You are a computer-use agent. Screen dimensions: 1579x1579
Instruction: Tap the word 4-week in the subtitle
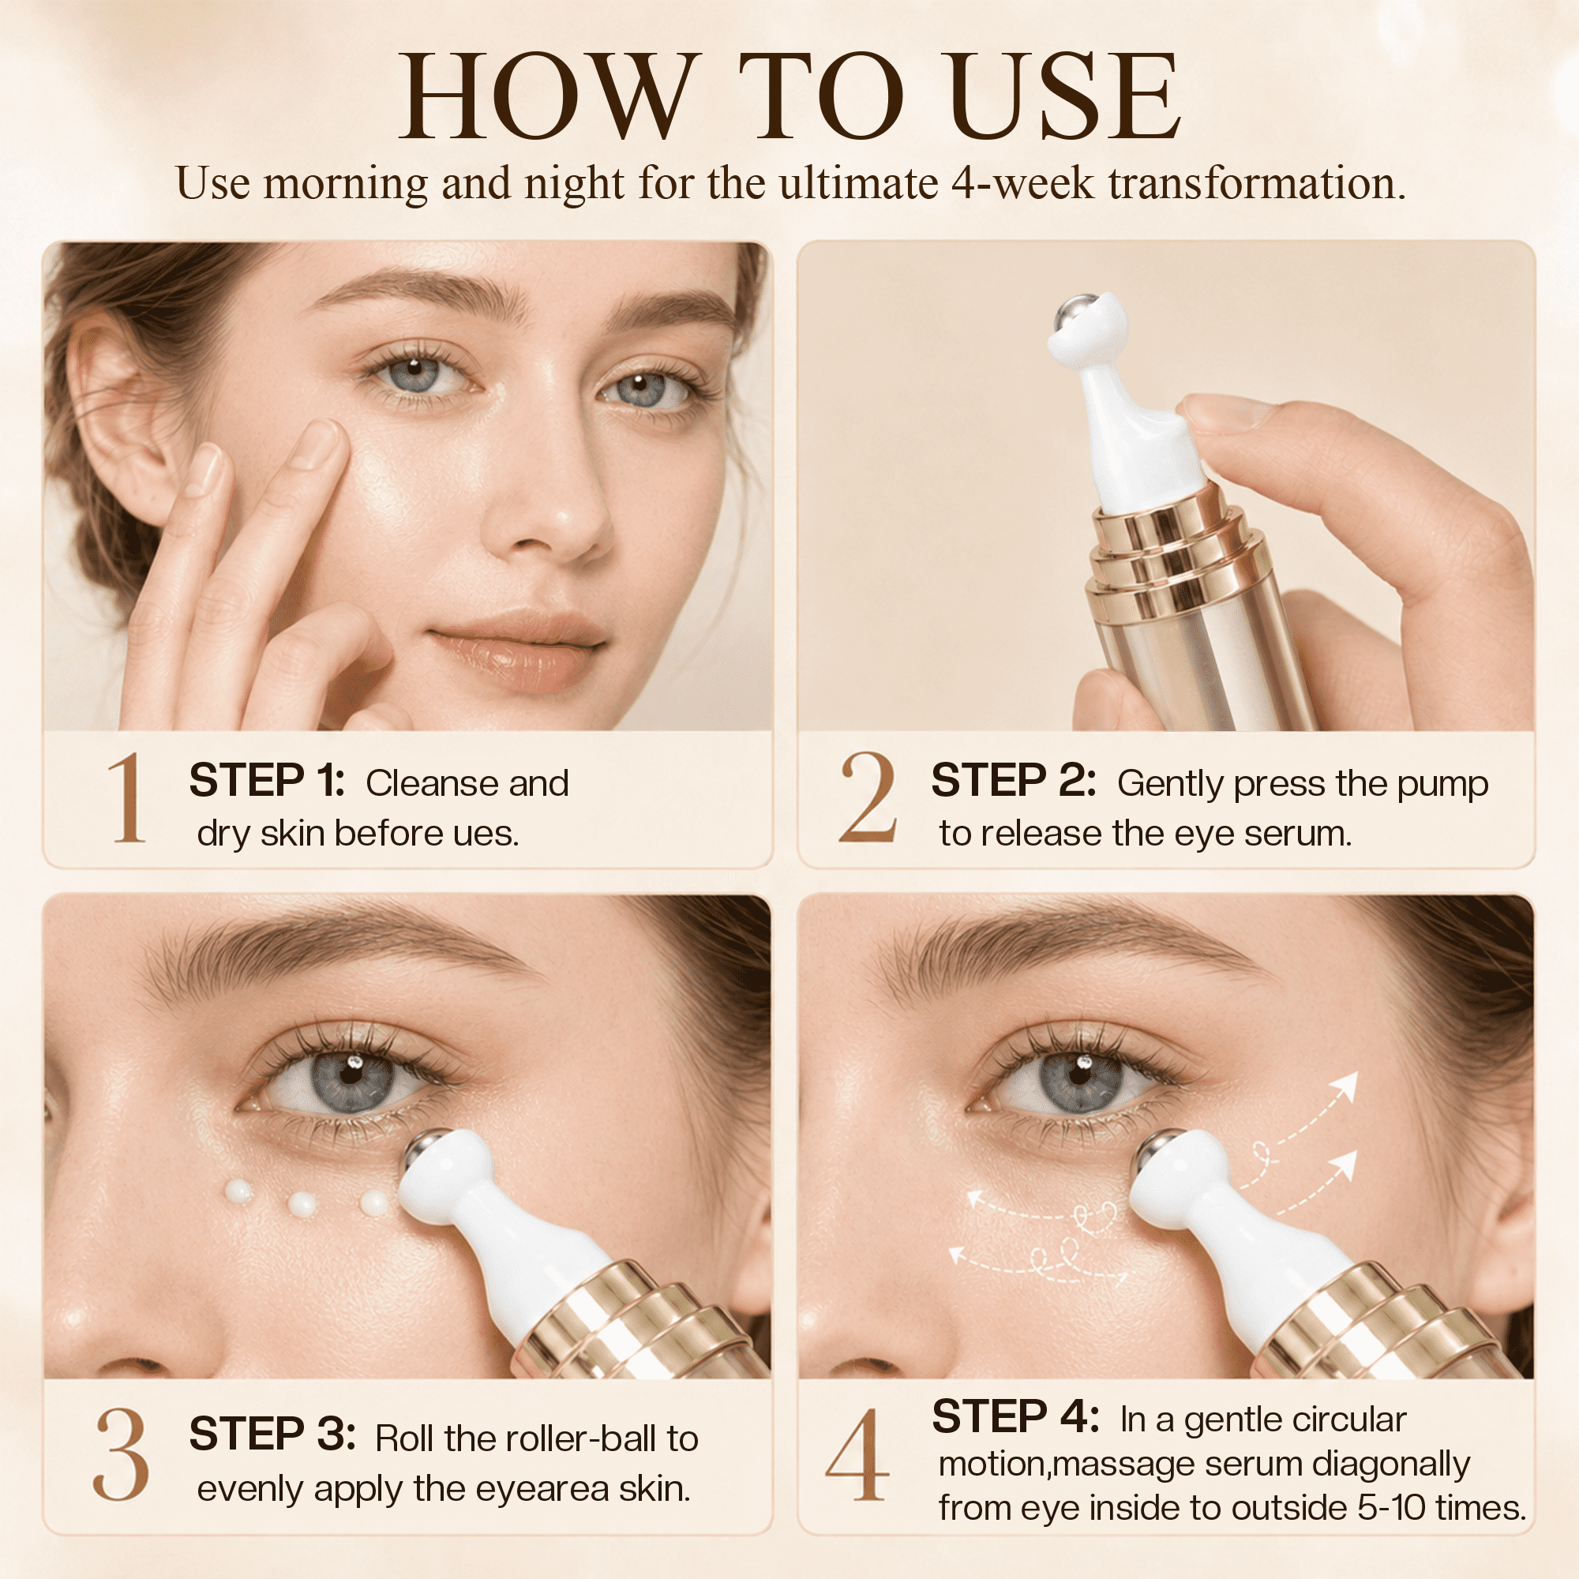click(x=1022, y=183)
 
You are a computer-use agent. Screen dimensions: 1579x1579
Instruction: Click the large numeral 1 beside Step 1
click(x=127, y=797)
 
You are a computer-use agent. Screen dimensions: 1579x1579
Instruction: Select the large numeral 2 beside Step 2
click(x=867, y=797)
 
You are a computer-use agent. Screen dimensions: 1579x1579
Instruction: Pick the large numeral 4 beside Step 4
click(x=857, y=1455)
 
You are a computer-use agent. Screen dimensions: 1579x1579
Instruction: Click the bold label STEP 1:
click(x=266, y=781)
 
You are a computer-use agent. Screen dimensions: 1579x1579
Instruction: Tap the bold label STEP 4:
click(x=1015, y=1416)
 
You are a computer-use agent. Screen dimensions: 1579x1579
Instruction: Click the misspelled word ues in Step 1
click(x=488, y=835)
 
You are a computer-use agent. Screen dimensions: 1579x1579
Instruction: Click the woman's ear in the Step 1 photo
click(x=122, y=409)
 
